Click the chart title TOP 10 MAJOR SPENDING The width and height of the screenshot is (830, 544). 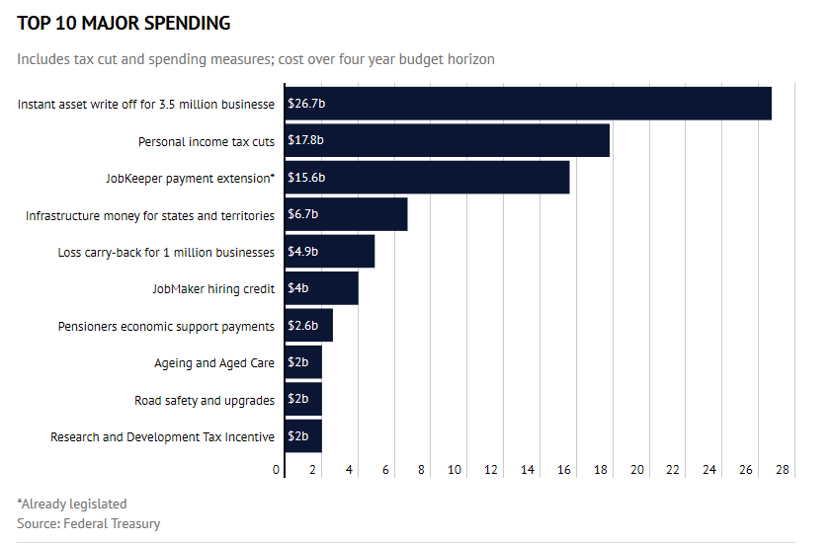click(124, 23)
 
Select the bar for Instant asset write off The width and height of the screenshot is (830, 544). click(528, 104)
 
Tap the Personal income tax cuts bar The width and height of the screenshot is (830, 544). click(447, 140)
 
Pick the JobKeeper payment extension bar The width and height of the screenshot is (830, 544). click(427, 178)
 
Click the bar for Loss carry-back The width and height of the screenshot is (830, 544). click(329, 252)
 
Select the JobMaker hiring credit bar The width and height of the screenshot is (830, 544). click(321, 288)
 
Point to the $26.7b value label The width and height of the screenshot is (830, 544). click(304, 104)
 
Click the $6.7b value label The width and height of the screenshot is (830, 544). click(302, 214)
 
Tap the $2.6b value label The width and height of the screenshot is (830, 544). click(302, 326)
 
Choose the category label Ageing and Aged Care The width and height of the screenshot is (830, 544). click(213, 363)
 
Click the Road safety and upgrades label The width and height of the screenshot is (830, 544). click(204, 400)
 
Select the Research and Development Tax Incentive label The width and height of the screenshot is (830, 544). click(162, 437)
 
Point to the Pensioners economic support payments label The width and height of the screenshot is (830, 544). click(166, 326)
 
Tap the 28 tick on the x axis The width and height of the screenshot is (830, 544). click(783, 470)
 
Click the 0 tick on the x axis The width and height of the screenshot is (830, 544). click(278, 470)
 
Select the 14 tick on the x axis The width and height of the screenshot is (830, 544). click(528, 470)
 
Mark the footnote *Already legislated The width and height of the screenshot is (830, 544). click(72, 504)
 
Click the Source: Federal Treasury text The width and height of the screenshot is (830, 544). click(88, 523)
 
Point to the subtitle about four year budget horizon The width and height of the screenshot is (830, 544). click(256, 59)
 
